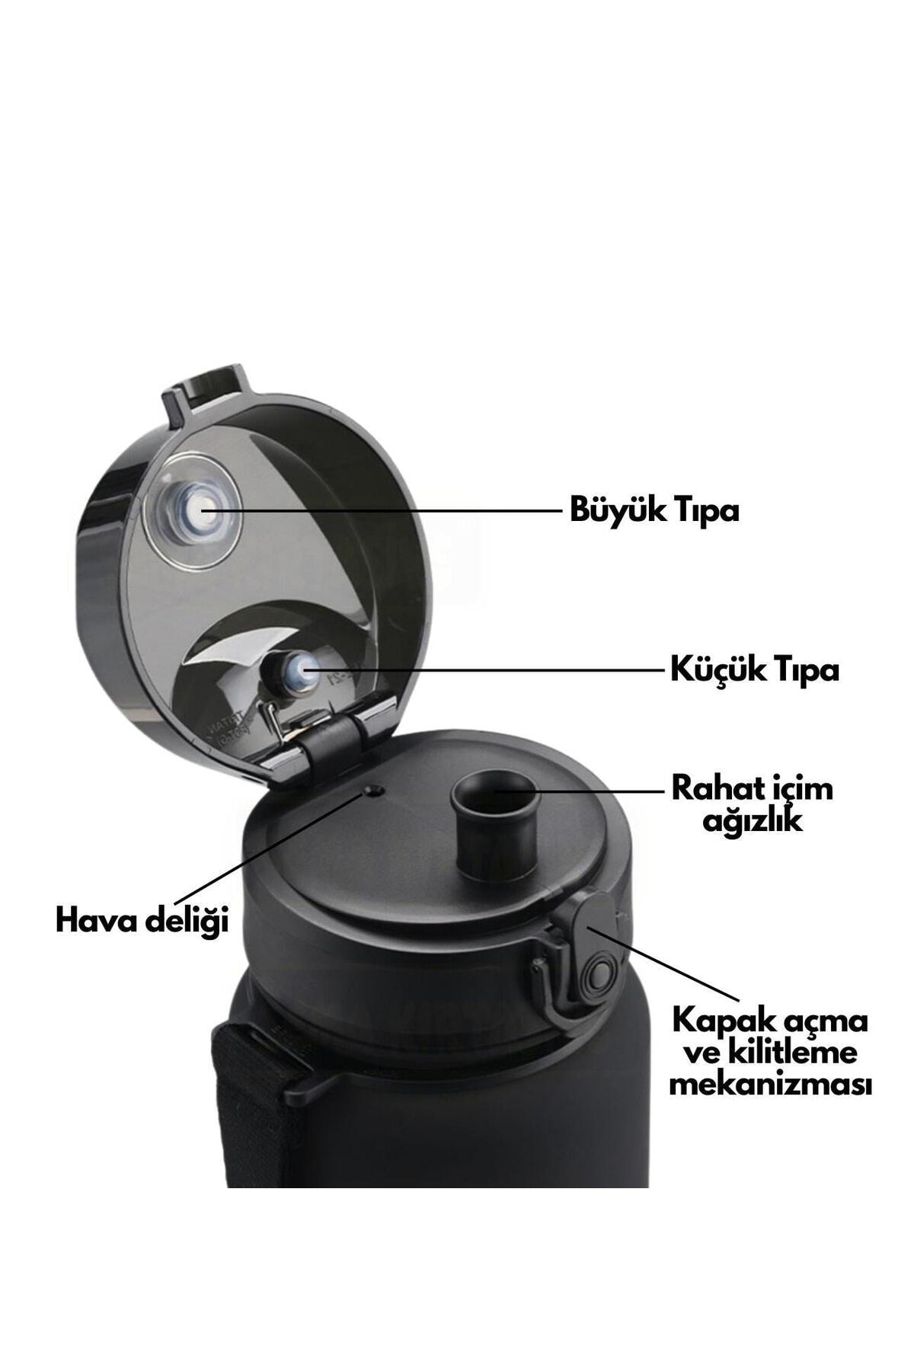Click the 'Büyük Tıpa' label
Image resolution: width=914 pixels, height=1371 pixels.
tap(654, 510)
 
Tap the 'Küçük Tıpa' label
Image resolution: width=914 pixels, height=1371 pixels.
tap(755, 670)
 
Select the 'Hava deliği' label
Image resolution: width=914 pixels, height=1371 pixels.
tap(142, 921)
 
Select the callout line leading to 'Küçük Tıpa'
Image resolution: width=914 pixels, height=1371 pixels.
tap(484, 671)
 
